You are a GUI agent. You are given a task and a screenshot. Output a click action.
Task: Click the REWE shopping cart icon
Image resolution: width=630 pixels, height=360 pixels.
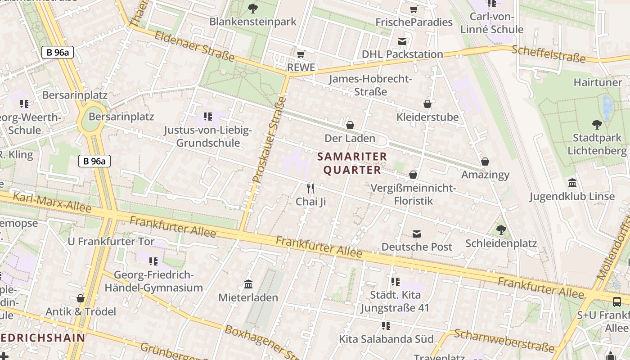click(x=301, y=54)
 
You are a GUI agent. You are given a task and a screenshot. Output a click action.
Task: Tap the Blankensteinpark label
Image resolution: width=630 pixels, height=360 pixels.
click(x=253, y=21)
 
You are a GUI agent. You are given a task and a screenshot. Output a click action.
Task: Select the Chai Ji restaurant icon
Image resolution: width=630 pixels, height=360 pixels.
click(x=310, y=188)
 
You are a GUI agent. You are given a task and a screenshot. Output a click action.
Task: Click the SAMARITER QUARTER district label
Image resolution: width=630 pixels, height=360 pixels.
click(x=352, y=163)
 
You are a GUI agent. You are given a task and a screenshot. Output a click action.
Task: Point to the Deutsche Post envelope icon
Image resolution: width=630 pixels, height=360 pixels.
click(x=417, y=234)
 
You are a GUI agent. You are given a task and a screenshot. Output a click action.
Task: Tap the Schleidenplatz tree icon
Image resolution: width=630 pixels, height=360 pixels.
click(x=501, y=230)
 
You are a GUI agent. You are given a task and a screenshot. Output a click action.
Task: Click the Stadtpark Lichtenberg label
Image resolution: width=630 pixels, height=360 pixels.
click(x=597, y=144)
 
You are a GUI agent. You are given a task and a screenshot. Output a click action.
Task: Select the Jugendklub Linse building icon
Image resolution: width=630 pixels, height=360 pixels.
click(x=572, y=183)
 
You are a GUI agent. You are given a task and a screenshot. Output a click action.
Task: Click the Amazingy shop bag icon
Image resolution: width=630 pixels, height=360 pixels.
click(x=485, y=161)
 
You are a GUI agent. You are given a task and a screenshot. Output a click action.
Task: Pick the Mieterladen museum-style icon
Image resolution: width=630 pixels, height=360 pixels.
click(x=248, y=284)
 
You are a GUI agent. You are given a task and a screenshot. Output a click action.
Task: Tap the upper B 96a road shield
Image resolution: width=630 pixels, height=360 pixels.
click(x=57, y=52)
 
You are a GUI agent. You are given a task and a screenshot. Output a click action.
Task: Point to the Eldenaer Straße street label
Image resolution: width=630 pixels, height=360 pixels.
click(x=194, y=46)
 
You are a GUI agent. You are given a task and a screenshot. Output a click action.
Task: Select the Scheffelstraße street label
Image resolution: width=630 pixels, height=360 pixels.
click(x=549, y=54)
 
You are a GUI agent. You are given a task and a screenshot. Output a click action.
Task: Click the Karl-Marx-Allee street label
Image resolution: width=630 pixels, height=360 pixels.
click(x=52, y=202)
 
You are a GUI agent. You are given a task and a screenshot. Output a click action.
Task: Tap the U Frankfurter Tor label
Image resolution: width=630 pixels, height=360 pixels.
click(x=111, y=241)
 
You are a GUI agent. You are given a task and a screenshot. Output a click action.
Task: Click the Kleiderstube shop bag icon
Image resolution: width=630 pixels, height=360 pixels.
click(x=427, y=104)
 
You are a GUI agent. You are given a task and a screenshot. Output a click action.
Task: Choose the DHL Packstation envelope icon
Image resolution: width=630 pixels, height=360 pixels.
click(x=402, y=41)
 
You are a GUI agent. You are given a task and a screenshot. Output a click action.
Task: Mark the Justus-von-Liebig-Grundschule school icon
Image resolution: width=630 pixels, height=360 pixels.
click(x=207, y=117)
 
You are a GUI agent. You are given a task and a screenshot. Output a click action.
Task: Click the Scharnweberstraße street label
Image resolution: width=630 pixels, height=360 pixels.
click(x=504, y=341)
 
